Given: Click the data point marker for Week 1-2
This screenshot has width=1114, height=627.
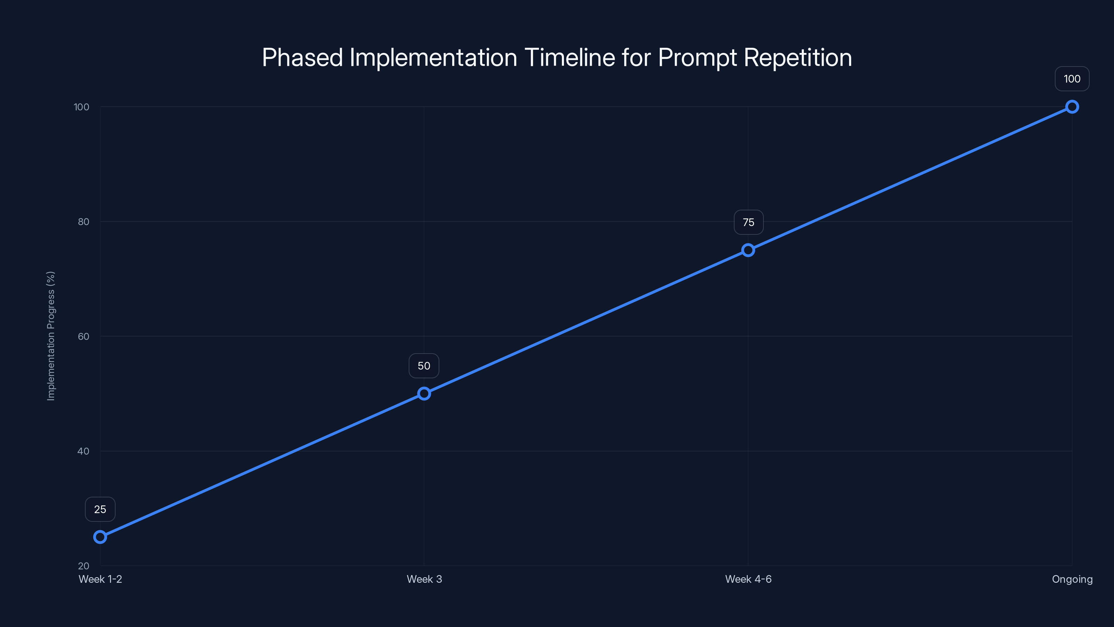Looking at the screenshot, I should pos(100,537).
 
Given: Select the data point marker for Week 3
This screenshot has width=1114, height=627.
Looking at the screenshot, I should pos(424,393).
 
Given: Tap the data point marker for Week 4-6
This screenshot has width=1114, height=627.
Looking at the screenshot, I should pos(748,250).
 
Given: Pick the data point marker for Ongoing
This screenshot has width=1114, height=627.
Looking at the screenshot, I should pos(1072,107).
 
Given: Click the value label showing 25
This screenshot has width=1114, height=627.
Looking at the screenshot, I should pos(100,509).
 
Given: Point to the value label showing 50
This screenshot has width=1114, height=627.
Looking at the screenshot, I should pos(424,366).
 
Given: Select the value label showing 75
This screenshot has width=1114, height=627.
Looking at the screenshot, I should pos(748,223).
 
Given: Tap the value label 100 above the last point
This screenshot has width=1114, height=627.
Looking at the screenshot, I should pos(1072,79).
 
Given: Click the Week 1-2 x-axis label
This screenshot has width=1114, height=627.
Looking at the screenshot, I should pos(100,579).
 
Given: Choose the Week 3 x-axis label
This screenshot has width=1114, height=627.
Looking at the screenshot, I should pos(424,579).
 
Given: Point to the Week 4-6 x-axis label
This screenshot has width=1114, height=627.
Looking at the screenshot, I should pos(748,579).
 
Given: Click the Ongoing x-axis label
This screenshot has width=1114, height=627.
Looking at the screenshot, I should pos(1072,579).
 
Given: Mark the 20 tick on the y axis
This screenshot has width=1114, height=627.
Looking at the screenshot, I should pos(84,566).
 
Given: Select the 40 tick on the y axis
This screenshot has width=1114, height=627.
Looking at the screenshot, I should pos(84,451).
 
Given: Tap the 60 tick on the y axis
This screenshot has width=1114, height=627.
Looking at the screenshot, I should pos(84,336).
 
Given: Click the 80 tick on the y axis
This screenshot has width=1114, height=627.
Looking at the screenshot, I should pos(84,222).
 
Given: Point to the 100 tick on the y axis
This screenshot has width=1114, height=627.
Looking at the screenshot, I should pos(82,107).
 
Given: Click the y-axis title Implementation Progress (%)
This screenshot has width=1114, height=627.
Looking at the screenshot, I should pos(51,336).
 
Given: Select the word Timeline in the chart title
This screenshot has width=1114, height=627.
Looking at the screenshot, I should pos(570,57).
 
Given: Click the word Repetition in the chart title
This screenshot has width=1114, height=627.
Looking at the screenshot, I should pos(798,57).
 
